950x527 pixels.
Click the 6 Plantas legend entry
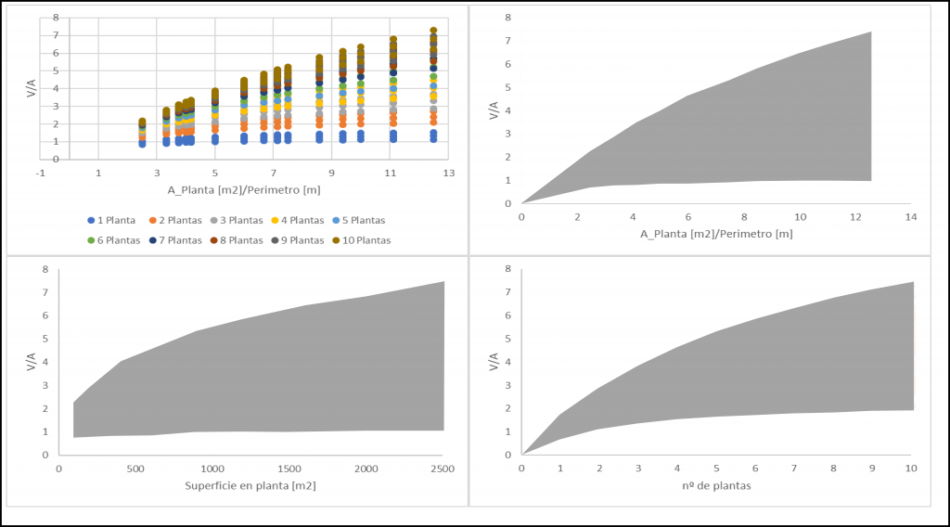click(115, 239)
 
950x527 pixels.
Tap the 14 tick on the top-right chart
click(911, 217)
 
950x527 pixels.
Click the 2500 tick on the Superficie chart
click(443, 469)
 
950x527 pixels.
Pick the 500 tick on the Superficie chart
click(135, 469)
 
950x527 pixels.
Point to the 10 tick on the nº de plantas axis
click(913, 469)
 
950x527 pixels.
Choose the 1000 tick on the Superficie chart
click(212, 469)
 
